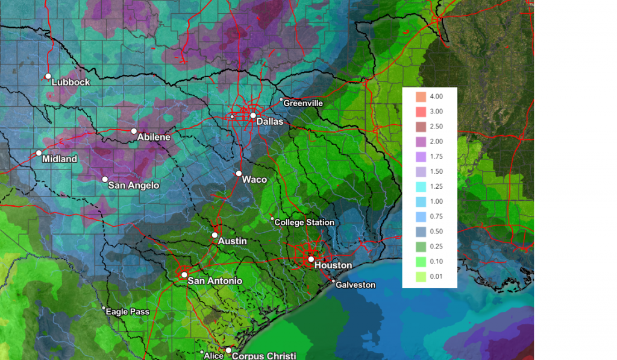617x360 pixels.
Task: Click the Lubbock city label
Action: (x=70, y=82)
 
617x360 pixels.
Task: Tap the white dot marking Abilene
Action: (x=134, y=131)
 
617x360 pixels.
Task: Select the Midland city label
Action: (x=60, y=159)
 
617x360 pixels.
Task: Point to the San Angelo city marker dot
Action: (x=105, y=179)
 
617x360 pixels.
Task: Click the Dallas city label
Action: (x=270, y=122)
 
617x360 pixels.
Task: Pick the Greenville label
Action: (x=303, y=103)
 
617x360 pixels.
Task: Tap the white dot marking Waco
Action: (x=239, y=173)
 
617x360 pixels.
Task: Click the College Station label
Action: (x=304, y=223)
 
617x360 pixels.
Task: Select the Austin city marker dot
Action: (x=215, y=235)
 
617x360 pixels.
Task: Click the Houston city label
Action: (x=333, y=265)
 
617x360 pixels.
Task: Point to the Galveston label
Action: (x=355, y=285)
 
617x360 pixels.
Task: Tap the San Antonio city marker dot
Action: (x=184, y=274)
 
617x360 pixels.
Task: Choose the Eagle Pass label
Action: (x=127, y=312)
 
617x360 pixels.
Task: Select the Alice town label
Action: (x=214, y=356)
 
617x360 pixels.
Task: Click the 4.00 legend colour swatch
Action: (x=421, y=96)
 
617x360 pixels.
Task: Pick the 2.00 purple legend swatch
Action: (x=421, y=141)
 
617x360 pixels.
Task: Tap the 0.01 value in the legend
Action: (x=436, y=276)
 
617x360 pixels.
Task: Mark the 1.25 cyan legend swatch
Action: (x=421, y=186)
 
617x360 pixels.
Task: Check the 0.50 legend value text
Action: (x=436, y=231)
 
